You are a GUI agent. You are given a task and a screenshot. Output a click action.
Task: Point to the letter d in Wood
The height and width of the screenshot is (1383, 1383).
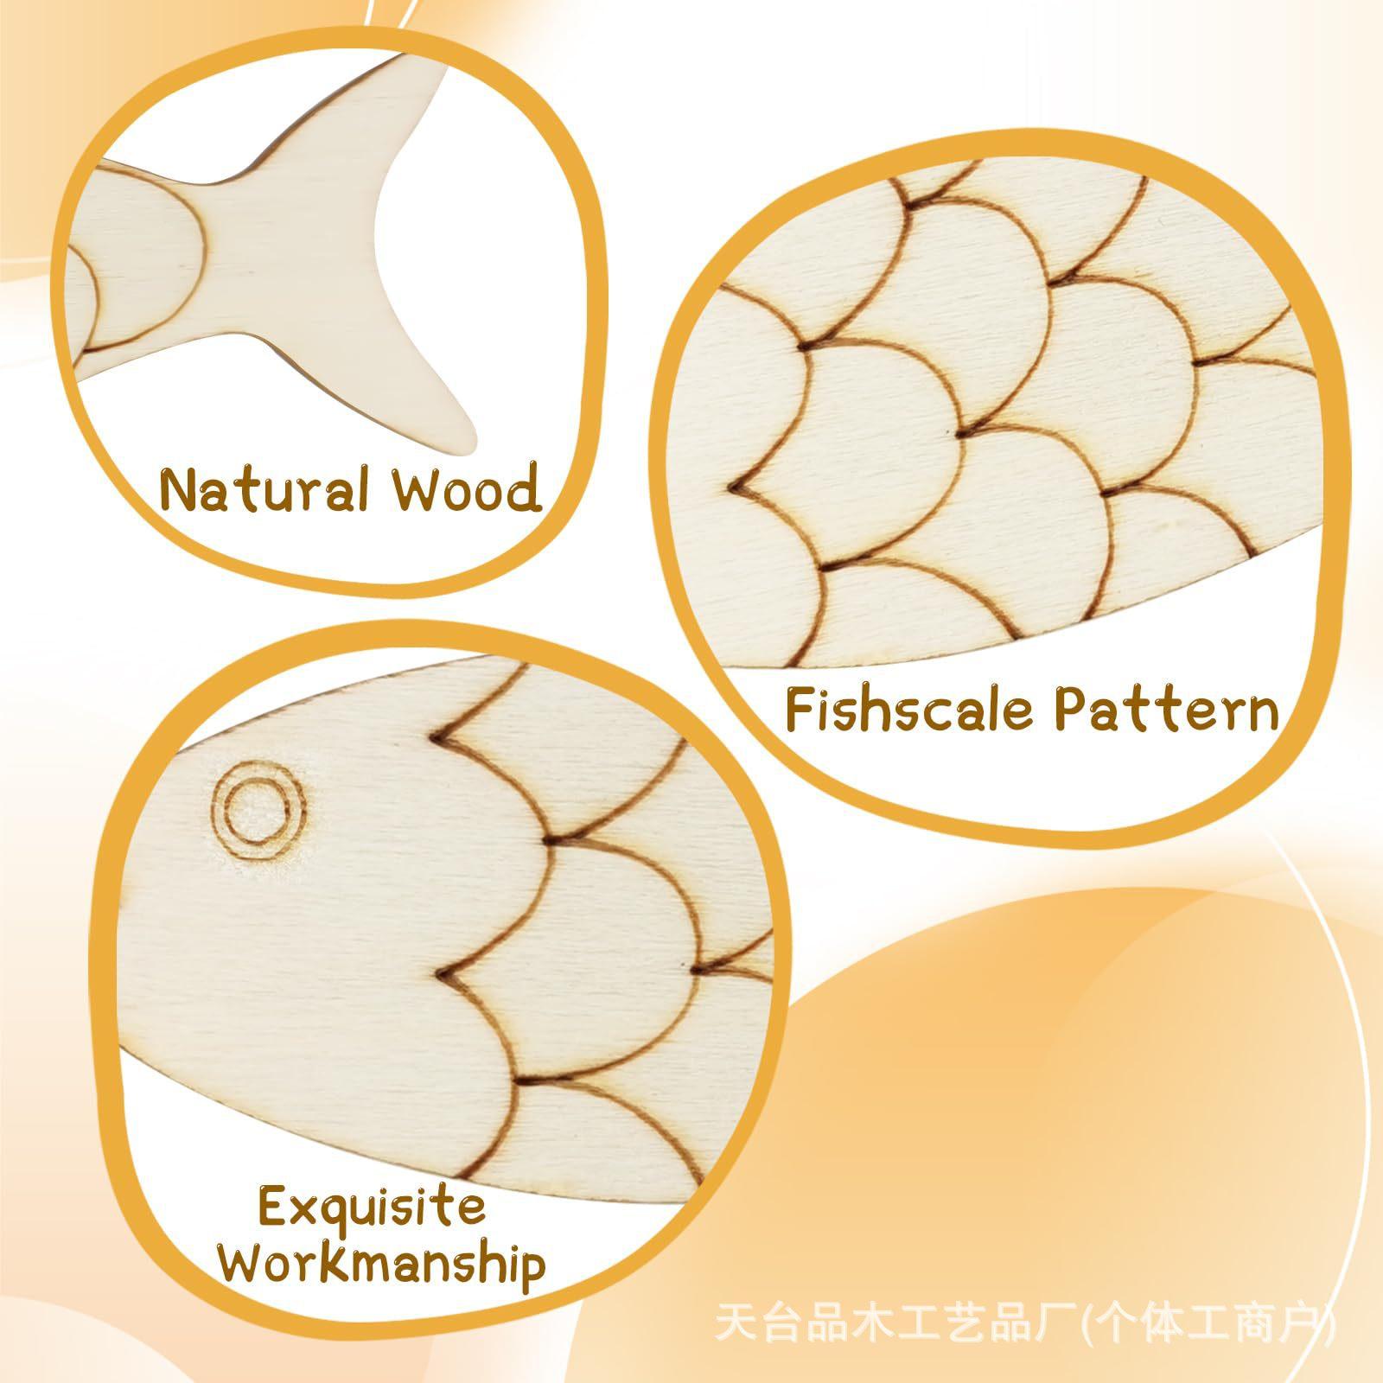(x=523, y=488)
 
